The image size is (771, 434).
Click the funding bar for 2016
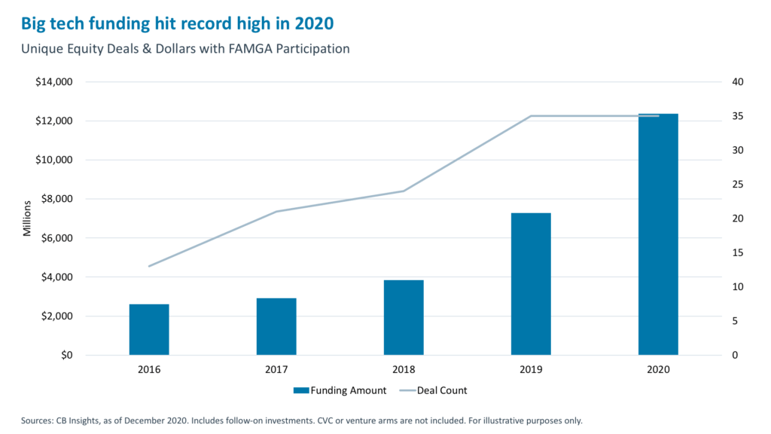click(x=149, y=329)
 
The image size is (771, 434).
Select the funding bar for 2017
click(x=276, y=326)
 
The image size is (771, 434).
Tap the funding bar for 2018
click(x=404, y=317)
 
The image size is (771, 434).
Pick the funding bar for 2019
click(x=531, y=284)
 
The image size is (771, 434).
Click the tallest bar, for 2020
click(x=658, y=234)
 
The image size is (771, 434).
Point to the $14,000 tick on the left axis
click(x=55, y=82)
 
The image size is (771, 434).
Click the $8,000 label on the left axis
click(x=57, y=199)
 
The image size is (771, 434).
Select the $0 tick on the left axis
click(x=66, y=356)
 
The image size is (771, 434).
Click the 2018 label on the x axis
click(x=404, y=370)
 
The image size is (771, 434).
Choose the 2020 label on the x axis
click(x=658, y=370)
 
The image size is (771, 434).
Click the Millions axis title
click(x=27, y=219)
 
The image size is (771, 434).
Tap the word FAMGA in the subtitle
click(x=242, y=49)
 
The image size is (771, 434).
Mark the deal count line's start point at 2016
click(x=149, y=266)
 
